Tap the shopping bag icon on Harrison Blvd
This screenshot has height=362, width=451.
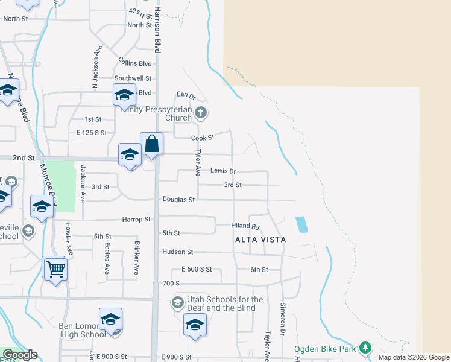152,144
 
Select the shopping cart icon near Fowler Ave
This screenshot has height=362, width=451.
55,268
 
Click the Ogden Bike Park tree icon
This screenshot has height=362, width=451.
364,348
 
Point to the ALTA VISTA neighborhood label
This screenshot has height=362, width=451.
260,240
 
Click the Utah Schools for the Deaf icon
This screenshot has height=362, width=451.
178,302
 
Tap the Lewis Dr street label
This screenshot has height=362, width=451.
223,171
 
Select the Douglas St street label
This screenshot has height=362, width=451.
178,200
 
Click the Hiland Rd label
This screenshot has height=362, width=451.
245,226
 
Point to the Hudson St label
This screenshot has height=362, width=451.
177,252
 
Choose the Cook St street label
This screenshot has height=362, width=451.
203,138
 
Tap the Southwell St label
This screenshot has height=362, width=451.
133,78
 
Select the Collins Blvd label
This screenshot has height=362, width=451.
134,63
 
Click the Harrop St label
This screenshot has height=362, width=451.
136,220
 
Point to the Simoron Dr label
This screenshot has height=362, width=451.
282,315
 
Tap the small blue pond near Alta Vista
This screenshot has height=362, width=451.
301,225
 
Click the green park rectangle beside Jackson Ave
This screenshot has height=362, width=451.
61,186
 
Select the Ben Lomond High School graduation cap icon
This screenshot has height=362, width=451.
110,319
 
